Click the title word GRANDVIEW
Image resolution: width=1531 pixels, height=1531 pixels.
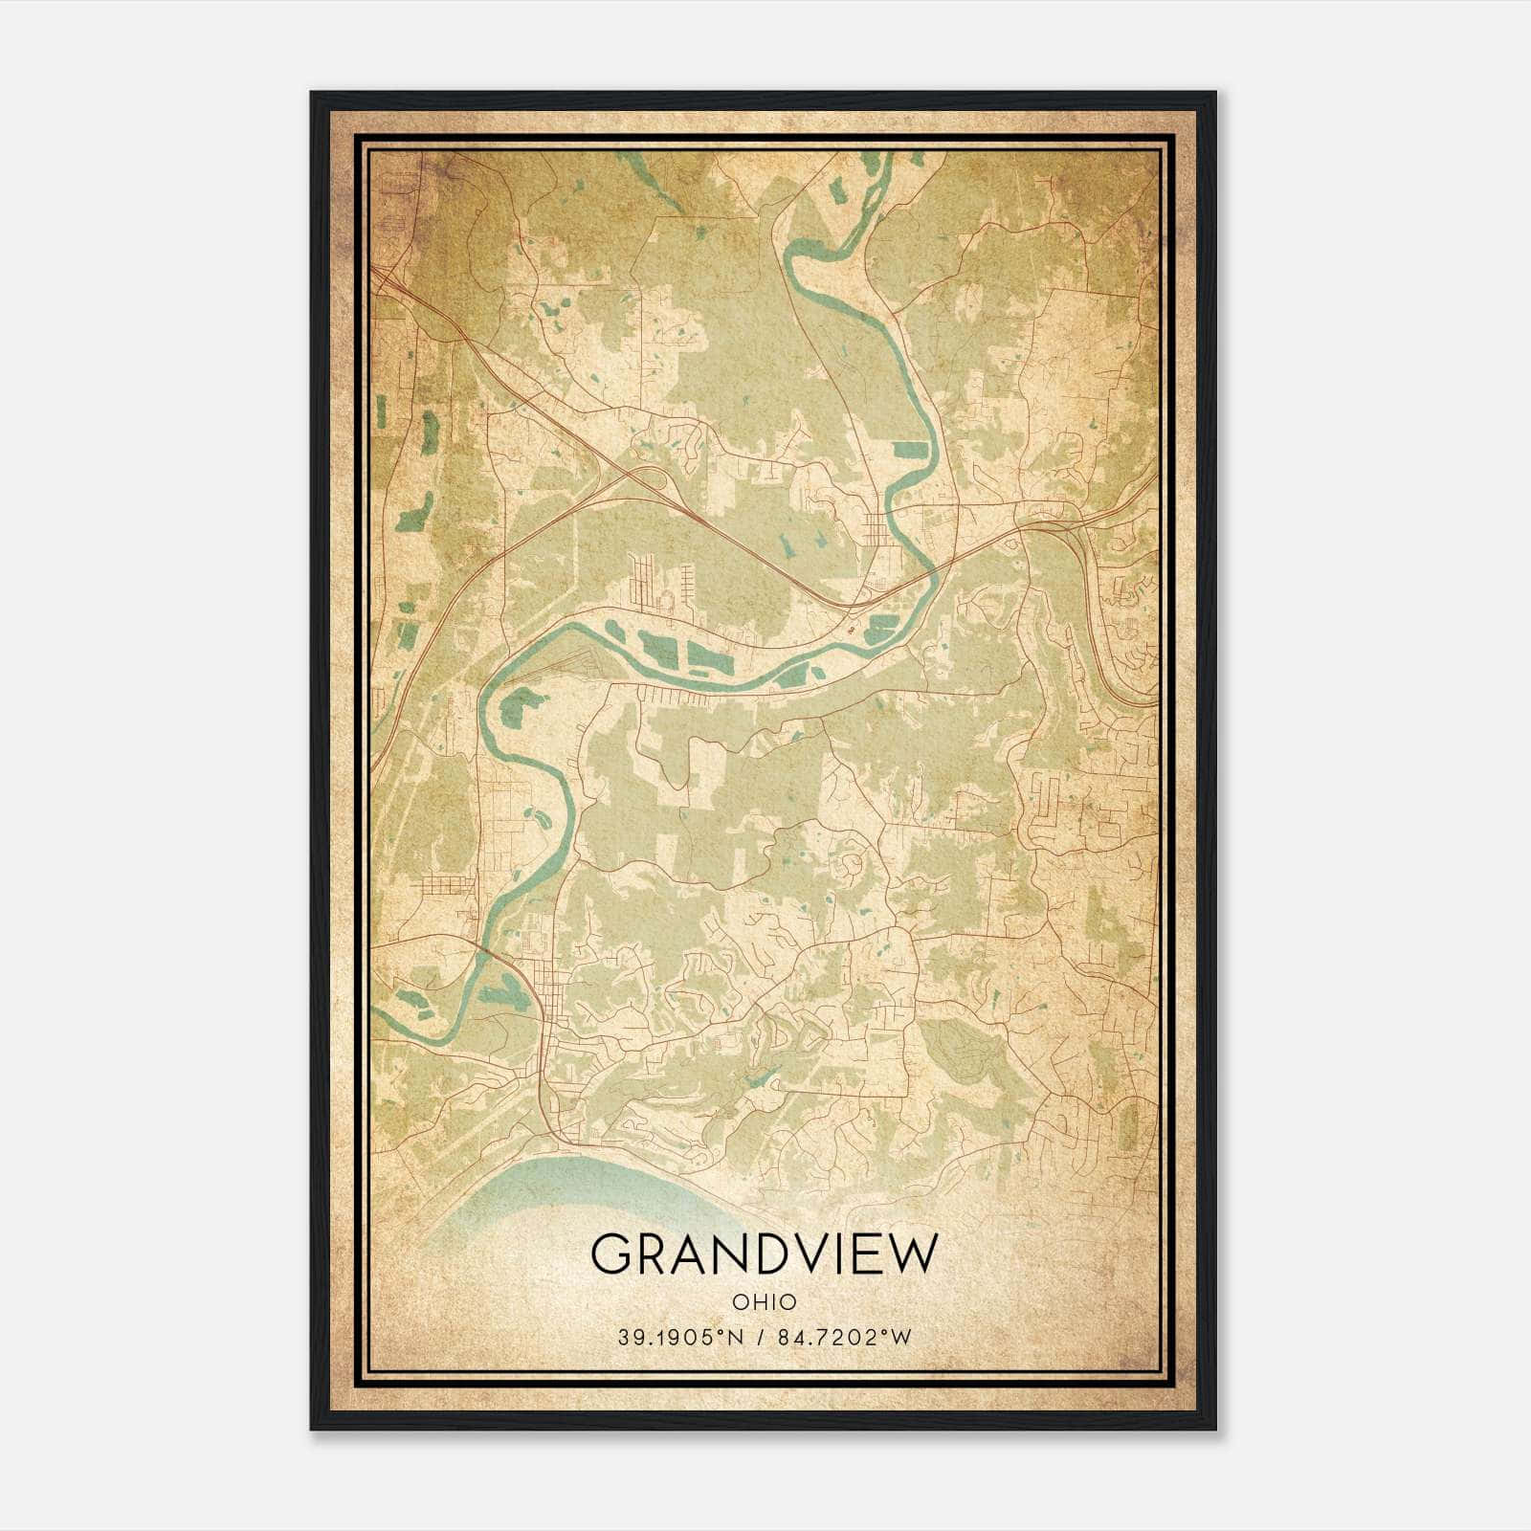click(765, 1254)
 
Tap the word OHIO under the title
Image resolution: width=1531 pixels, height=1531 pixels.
click(765, 1301)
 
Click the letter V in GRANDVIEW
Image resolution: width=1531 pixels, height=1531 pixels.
click(802, 1254)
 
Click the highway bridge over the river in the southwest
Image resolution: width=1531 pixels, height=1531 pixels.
click(486, 952)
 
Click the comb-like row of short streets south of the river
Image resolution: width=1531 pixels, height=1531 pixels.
click(660, 691)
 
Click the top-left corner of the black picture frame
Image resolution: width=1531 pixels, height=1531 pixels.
click(312, 94)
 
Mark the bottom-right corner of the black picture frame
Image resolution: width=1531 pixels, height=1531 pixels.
click(1214, 1428)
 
